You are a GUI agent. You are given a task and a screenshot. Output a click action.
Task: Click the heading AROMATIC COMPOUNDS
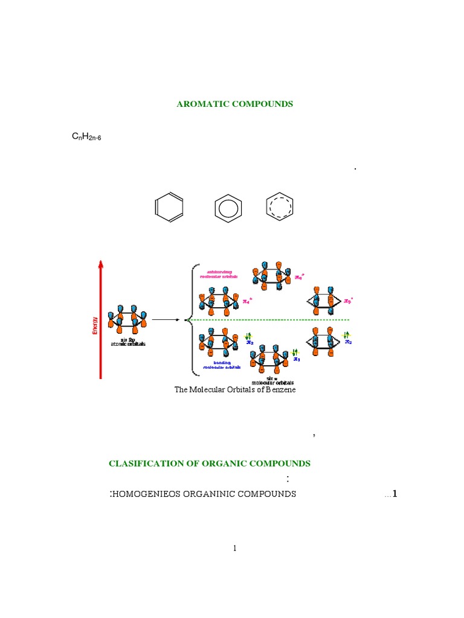coord(234,104)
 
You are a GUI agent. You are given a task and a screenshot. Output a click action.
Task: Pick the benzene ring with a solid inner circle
coord(228,208)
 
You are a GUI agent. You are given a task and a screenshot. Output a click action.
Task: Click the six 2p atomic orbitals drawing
coord(126,319)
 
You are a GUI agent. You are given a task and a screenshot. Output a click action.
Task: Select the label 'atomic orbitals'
coord(127,344)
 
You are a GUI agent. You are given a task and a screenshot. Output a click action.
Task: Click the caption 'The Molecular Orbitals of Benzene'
coord(235,390)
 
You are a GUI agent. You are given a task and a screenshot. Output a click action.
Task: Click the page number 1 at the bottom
coord(235,548)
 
